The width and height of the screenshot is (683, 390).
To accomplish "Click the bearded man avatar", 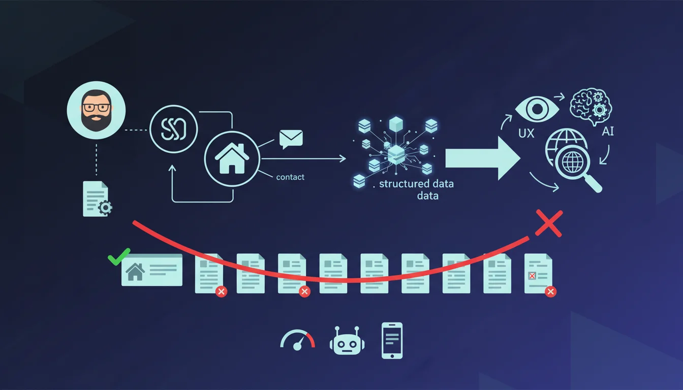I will (x=96, y=110).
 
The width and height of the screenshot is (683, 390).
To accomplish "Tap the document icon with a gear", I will (x=97, y=199).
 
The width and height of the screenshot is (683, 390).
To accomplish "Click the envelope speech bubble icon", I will (x=291, y=139).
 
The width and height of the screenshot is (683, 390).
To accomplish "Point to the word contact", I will (x=290, y=177).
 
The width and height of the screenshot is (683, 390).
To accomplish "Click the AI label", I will (x=607, y=132).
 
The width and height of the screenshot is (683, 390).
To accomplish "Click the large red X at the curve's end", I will (x=548, y=224).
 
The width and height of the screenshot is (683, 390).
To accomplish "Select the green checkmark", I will (x=119, y=256).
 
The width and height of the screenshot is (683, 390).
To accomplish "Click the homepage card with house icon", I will (x=152, y=270).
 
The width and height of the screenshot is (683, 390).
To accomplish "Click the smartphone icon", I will (x=392, y=340).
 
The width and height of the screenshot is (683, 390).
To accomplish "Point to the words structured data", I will (x=416, y=184).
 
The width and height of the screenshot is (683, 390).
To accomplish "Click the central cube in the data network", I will (x=395, y=152).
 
